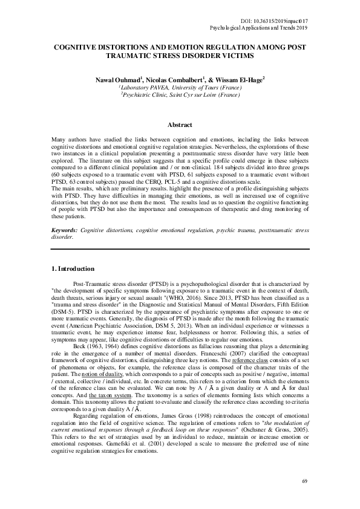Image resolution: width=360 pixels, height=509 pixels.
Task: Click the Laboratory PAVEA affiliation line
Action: [180, 88]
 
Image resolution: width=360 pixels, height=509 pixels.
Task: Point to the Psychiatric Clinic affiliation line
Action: [180, 96]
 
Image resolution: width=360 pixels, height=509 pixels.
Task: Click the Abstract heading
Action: [180, 125]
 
